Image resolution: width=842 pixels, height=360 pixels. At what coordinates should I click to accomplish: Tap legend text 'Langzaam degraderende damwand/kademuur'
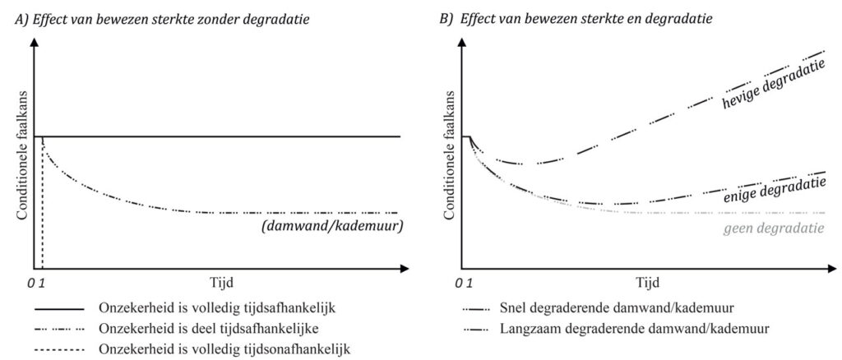[636, 329]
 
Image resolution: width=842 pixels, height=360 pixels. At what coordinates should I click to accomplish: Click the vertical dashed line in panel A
[42, 205]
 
